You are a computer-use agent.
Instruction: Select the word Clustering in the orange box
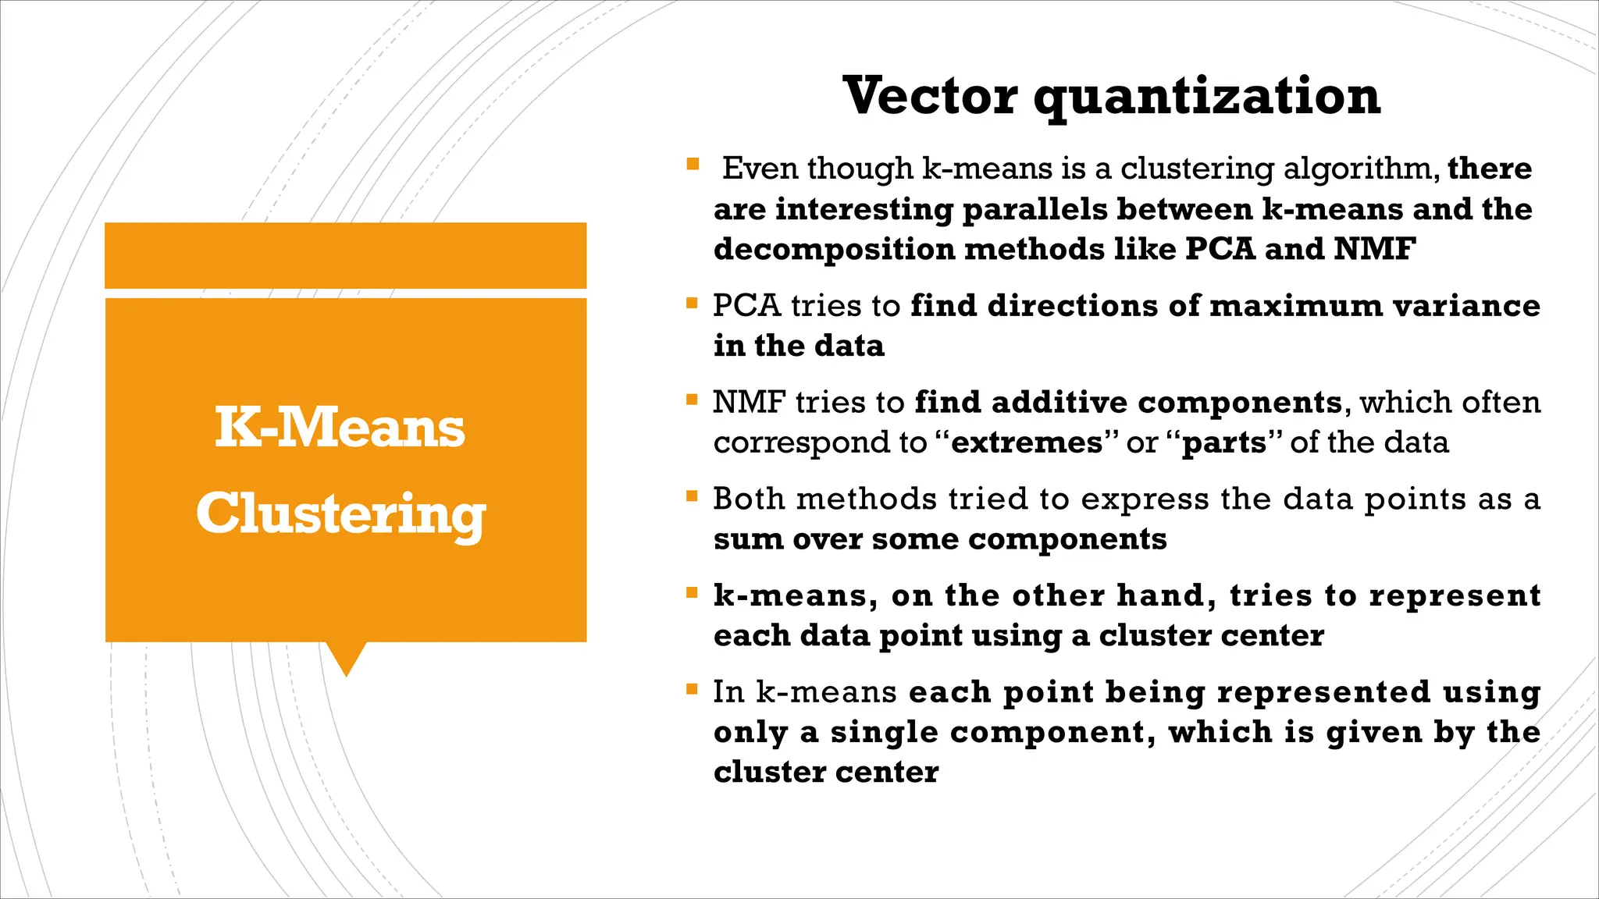pyautogui.click(x=341, y=515)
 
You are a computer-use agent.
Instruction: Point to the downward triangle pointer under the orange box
pyautogui.click(x=346, y=657)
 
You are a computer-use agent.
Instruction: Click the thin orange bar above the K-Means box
pyautogui.click(x=345, y=255)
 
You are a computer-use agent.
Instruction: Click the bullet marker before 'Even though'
pyautogui.click(x=693, y=164)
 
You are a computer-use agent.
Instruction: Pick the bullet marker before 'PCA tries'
pyautogui.click(x=691, y=302)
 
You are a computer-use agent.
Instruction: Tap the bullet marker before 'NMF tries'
pyautogui.click(x=691, y=399)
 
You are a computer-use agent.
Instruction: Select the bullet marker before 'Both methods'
pyautogui.click(x=691, y=496)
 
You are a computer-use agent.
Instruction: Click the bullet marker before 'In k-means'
pyautogui.click(x=691, y=688)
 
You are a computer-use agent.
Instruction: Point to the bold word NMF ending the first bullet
pyautogui.click(x=1374, y=249)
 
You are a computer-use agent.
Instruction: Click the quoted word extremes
pyautogui.click(x=1027, y=442)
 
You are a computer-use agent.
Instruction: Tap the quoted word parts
pyautogui.click(x=1224, y=443)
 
